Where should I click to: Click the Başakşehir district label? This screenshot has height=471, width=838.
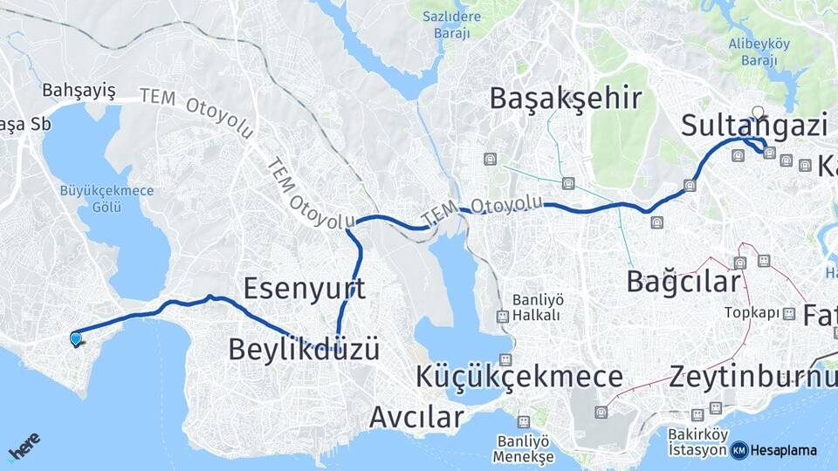coord(566,98)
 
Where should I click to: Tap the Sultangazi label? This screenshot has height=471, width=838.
coord(754,126)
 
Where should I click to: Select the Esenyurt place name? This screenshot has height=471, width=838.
coord(304,288)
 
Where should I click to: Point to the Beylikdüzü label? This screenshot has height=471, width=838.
coord(304,350)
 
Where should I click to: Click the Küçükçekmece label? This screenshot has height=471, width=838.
coord(519,378)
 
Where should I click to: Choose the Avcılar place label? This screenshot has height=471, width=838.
coord(416,417)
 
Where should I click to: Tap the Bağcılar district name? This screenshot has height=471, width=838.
coord(683,282)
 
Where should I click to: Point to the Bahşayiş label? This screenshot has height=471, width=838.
coord(79,91)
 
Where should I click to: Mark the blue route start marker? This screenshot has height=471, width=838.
coord(76,338)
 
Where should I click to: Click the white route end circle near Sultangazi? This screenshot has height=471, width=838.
coord(758,112)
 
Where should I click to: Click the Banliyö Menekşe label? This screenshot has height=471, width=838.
coord(523,448)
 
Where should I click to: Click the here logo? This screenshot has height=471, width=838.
coord(24,447)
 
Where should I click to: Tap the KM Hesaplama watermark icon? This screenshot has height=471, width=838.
coord(739,450)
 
